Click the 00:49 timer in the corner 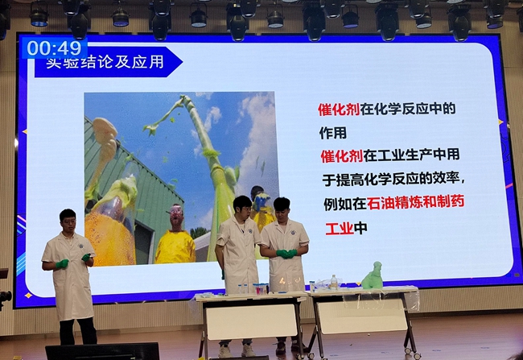55,48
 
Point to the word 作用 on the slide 332,130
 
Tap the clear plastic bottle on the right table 334,282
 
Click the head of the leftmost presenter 68,219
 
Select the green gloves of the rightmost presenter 286,254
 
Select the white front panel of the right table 360,316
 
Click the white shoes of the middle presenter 235,350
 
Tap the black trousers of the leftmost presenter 76,330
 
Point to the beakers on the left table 259,288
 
